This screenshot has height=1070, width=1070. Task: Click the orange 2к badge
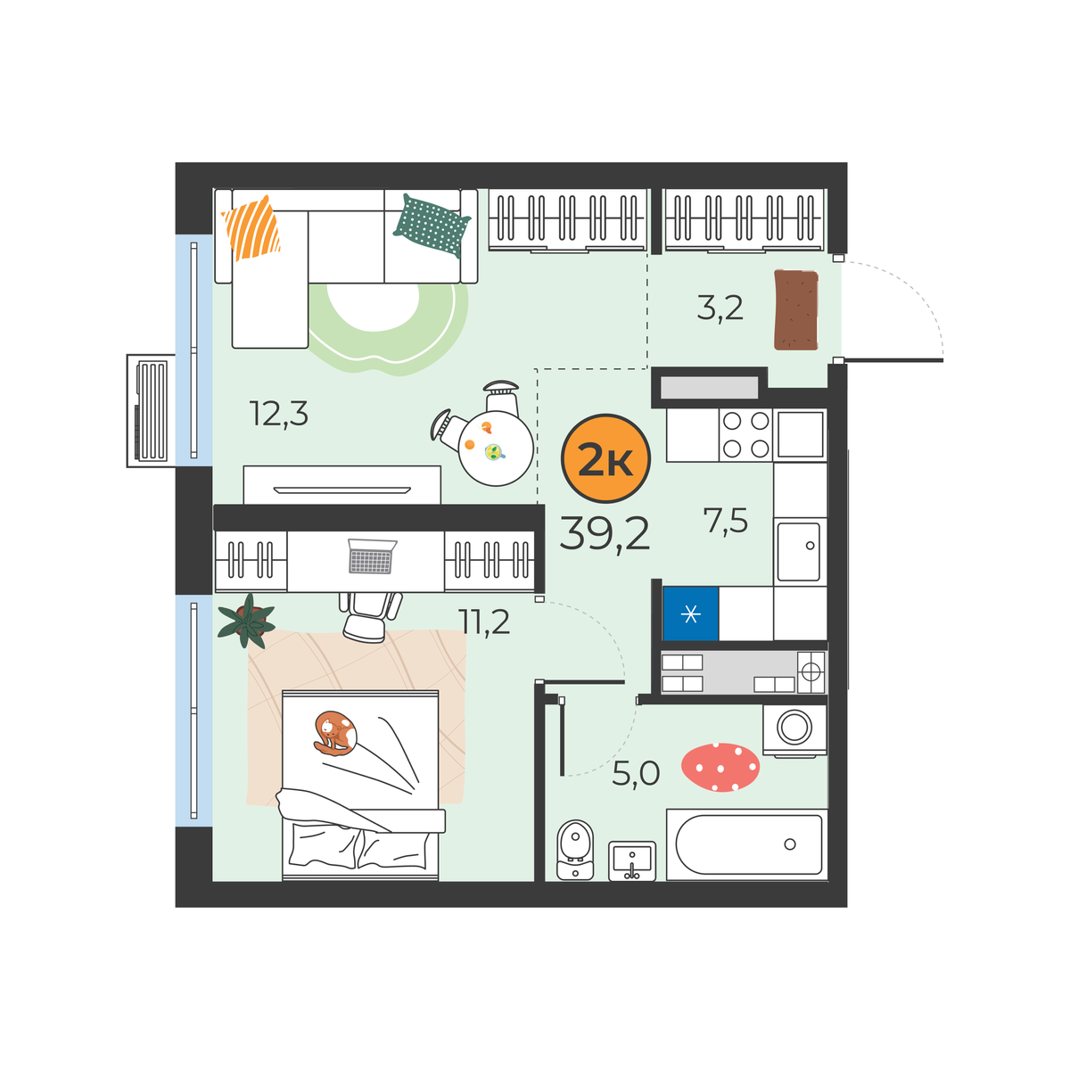point(605,458)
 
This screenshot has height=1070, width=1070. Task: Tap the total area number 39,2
point(605,533)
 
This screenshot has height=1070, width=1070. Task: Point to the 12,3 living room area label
point(279,414)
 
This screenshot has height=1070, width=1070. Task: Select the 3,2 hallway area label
point(720,309)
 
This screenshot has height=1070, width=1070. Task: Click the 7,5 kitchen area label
point(726,521)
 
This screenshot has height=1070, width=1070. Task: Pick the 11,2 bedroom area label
point(483,621)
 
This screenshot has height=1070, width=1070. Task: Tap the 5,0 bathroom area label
point(636,773)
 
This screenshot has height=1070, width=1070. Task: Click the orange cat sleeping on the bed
point(335,733)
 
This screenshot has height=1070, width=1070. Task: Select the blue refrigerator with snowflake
point(691,613)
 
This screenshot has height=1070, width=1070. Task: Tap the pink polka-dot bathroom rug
point(720,768)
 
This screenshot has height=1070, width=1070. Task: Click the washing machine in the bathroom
point(794,729)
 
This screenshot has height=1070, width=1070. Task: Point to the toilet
point(575,849)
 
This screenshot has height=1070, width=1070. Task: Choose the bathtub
point(747,844)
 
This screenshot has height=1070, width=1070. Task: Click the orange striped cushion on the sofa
point(251,227)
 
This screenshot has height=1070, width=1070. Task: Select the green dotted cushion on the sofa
point(432,225)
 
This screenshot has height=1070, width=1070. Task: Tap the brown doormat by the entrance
point(796,309)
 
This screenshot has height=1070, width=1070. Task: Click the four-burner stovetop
point(745,435)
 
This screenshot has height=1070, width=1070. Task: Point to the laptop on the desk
point(372,556)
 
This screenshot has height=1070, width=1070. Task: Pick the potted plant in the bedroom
point(246,621)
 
